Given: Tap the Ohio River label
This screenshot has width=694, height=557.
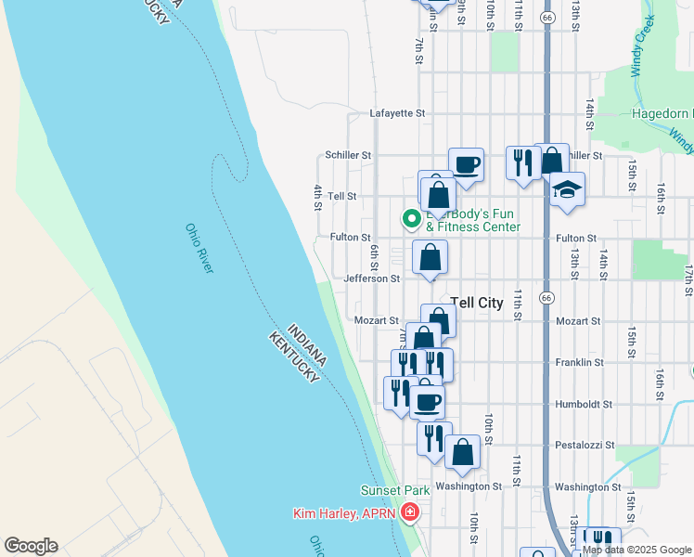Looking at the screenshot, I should (199, 248).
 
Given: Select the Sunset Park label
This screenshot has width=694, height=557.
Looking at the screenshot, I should (394, 490).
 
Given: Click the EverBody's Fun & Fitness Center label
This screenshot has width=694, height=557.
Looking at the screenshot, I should (473, 221).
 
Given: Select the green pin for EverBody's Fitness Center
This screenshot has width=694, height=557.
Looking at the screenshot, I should (412, 219).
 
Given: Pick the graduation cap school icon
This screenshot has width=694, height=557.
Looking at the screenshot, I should (567, 189).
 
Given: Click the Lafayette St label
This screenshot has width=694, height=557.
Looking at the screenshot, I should (397, 113).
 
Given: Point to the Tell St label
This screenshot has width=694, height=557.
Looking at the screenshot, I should (342, 197).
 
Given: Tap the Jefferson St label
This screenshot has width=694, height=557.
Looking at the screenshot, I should (371, 278).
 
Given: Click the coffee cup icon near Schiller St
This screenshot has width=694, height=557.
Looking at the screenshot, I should (466, 165).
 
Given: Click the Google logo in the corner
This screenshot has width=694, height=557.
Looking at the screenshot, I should (31, 546).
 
